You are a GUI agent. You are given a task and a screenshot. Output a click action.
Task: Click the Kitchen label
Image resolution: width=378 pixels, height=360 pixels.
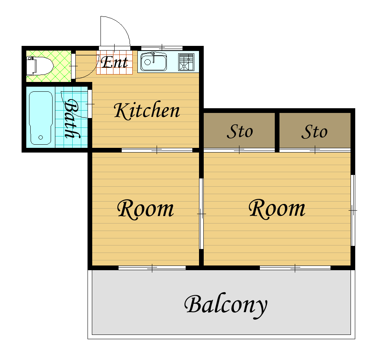(x=147, y=111)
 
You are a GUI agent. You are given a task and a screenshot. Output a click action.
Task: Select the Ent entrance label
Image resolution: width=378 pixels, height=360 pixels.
(x=114, y=62)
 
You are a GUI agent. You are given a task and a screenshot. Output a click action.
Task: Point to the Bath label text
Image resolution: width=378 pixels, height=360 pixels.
(x=71, y=119)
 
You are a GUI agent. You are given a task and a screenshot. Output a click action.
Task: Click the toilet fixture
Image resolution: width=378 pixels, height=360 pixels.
(x=40, y=66)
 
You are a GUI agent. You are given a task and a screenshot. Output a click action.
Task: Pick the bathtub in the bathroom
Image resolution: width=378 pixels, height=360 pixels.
(x=41, y=118)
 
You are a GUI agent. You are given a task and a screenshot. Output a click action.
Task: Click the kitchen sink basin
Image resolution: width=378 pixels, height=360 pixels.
(x=153, y=62)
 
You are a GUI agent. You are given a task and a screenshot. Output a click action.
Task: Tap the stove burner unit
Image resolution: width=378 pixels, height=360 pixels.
(x=186, y=62)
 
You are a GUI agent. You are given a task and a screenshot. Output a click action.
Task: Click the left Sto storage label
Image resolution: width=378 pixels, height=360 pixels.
(x=240, y=132)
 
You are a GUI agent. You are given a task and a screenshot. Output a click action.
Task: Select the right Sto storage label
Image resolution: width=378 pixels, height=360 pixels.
(x=314, y=132)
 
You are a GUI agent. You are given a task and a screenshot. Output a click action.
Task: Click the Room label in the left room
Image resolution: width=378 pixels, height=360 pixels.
(x=145, y=209)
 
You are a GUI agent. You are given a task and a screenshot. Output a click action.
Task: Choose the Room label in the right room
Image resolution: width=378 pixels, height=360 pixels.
(x=277, y=209)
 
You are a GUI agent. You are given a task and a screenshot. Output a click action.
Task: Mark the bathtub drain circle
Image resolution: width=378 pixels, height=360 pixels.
(x=40, y=138)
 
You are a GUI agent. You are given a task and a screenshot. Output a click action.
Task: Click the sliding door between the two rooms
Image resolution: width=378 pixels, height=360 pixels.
(x=201, y=214)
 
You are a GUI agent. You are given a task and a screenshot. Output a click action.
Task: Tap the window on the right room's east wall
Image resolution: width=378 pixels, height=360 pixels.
(x=353, y=210)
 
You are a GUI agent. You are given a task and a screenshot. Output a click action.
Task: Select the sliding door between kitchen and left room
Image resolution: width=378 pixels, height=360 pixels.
(x=157, y=150)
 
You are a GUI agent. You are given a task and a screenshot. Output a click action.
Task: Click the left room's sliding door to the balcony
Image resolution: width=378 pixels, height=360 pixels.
(x=152, y=268)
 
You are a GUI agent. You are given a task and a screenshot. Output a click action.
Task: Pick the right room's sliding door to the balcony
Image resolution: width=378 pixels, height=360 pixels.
(x=295, y=268)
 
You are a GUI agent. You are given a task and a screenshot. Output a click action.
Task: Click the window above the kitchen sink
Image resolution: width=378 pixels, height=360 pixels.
(x=162, y=48)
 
